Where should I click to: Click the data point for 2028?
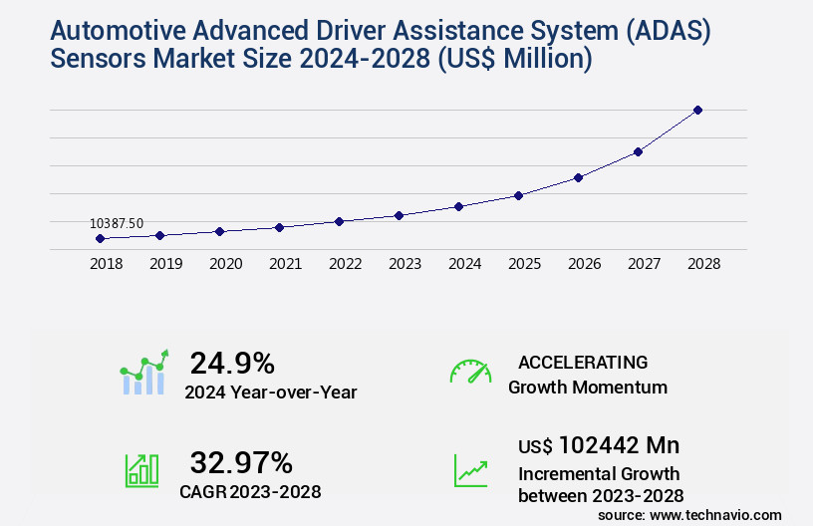[x=697, y=110]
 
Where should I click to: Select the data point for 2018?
[x=100, y=239]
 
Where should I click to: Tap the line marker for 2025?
[x=518, y=195]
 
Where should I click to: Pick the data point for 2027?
[x=638, y=151]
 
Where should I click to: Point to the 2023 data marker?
[x=399, y=215]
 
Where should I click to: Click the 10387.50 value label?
[x=117, y=224]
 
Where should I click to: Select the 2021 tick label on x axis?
[x=285, y=264]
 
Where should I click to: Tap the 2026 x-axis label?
[x=584, y=264]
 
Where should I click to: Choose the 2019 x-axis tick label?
[x=165, y=264]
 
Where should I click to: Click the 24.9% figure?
[x=232, y=363]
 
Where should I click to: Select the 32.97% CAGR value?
[x=241, y=462]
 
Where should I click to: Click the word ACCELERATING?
[x=583, y=362]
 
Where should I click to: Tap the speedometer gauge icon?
[x=470, y=372]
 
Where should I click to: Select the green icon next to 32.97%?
[x=141, y=469]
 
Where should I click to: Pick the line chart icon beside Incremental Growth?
[x=470, y=469]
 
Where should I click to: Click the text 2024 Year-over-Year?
[x=270, y=393]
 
